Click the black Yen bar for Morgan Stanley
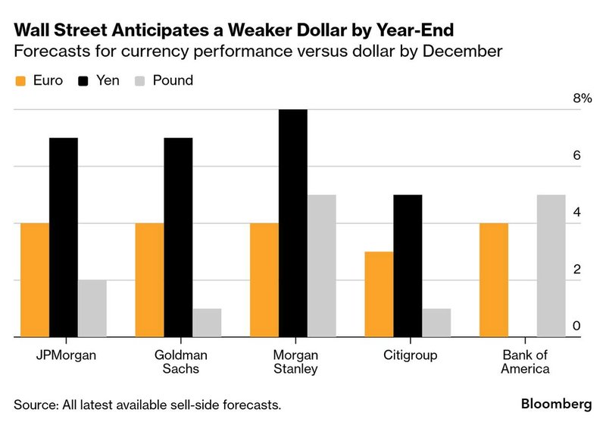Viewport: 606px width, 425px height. [293, 223]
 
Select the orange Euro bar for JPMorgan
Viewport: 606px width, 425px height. [35, 280]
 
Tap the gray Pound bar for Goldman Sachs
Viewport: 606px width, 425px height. [207, 323]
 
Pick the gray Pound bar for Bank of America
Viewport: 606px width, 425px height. [551, 266]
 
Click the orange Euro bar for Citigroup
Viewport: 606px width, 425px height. [379, 295]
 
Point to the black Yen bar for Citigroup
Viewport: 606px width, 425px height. [408, 266]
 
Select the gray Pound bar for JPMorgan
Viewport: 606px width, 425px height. [92, 308]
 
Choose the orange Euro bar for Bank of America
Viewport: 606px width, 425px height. [494, 280]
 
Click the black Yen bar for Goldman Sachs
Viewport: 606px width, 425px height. [178, 238]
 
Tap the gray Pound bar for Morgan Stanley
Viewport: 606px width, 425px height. [322, 266]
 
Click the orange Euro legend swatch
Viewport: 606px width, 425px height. [21, 80]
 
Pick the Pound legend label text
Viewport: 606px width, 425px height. [173, 80]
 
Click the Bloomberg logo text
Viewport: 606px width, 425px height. [556, 404]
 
